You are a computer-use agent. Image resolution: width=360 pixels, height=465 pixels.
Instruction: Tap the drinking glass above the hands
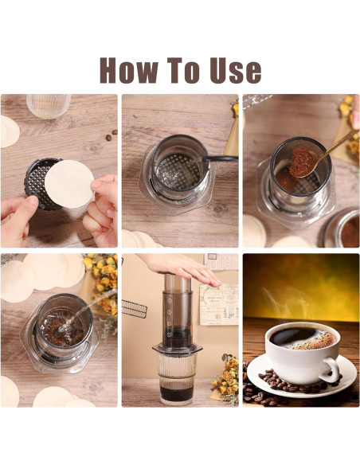pos(47,106)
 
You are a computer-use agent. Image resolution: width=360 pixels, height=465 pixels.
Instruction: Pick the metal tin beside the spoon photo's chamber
pos(342,230)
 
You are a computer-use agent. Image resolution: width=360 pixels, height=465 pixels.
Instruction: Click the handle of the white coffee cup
pos(330,367)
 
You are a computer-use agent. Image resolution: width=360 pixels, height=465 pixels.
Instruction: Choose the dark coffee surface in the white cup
pos(296,338)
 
